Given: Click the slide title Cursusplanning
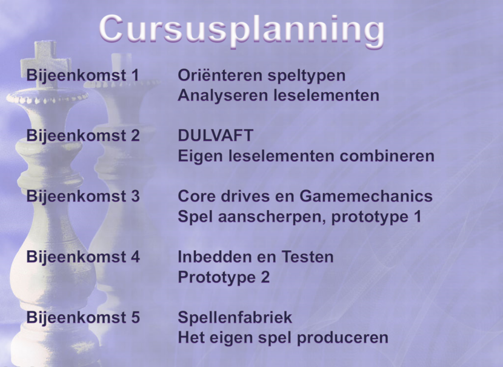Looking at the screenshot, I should (x=241, y=28).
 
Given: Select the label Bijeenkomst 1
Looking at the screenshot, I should (x=82, y=76).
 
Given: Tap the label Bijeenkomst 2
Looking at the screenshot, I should (x=82, y=136).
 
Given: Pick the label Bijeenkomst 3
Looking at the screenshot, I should (x=82, y=196).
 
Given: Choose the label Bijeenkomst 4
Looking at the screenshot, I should (x=82, y=257).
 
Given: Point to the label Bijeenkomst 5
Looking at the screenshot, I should (x=82, y=317).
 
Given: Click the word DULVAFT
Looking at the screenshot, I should (x=215, y=136).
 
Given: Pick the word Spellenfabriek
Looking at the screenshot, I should (x=235, y=317).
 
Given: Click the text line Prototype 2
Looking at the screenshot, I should (x=223, y=277).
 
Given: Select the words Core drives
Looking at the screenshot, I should (x=221, y=196).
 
